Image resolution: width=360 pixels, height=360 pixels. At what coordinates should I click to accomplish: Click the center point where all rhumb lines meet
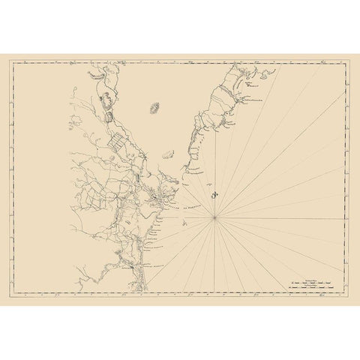pyautogui.click(x=216, y=217)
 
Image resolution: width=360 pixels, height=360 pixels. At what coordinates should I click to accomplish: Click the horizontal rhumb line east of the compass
pyautogui.click(x=285, y=217)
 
